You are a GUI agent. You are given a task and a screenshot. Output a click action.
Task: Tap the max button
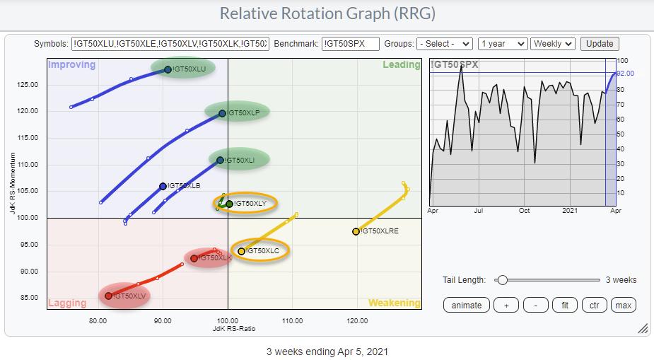(x=623, y=306)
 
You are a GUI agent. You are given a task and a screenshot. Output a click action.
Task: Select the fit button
(x=564, y=306)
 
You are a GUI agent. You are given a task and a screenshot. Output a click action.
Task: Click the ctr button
(x=593, y=306)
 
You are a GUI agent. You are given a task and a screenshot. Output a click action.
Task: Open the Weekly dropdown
(x=554, y=44)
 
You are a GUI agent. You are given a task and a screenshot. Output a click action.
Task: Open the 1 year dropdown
(x=502, y=44)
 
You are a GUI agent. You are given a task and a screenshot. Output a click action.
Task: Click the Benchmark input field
(x=350, y=44)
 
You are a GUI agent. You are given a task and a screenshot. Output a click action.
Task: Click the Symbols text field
(x=170, y=44)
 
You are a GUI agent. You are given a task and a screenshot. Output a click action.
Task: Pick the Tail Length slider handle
(x=502, y=280)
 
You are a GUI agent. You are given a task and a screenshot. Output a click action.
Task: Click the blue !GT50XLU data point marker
(x=168, y=69)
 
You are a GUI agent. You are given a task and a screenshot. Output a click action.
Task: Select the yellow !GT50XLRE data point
(x=356, y=231)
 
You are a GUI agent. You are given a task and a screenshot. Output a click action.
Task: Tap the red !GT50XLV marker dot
(x=108, y=296)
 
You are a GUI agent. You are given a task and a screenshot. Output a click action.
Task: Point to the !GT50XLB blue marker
(x=163, y=187)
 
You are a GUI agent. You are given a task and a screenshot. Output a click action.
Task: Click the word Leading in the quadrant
(x=402, y=65)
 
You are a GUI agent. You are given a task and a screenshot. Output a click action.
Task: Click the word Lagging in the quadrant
(x=66, y=303)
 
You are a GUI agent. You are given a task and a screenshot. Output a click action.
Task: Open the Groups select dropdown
(x=445, y=44)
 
